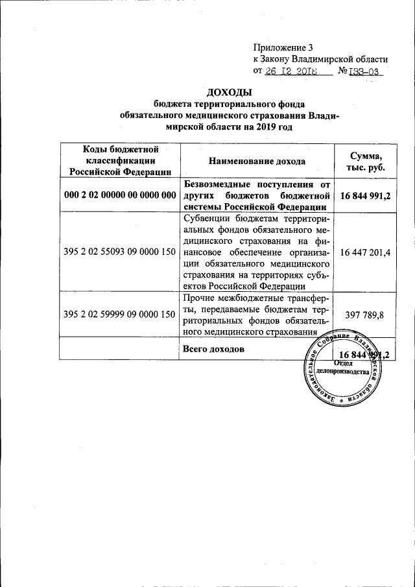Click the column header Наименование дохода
point(257,161)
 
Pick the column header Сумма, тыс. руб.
point(365,161)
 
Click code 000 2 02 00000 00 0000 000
point(121,195)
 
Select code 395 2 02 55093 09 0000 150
point(121,251)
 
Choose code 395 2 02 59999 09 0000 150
point(121,314)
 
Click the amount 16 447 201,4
point(365,251)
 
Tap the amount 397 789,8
point(365,314)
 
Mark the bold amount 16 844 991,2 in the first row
point(365,195)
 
